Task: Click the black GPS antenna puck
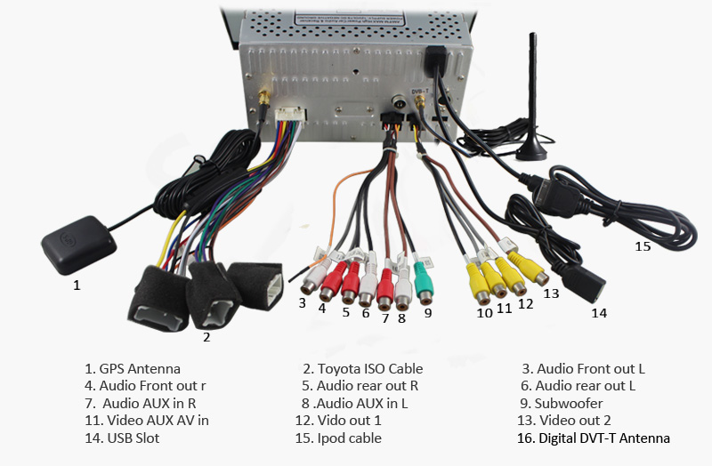(x=78, y=243)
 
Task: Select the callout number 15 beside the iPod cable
(x=643, y=246)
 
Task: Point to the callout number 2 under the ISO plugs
(x=206, y=336)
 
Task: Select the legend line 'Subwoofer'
(x=566, y=402)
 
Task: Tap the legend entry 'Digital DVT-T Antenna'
(x=595, y=438)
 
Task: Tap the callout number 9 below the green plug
(x=427, y=313)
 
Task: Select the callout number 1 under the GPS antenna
(x=77, y=285)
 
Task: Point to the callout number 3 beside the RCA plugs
(x=303, y=303)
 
